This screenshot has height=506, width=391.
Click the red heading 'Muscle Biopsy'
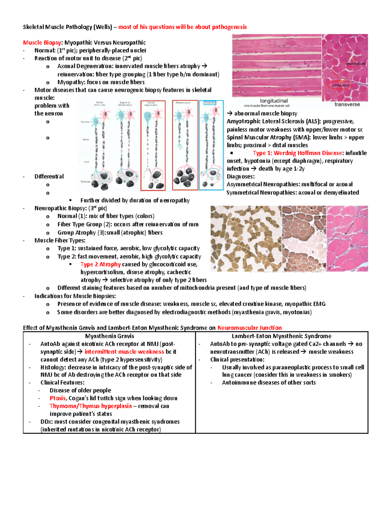42,43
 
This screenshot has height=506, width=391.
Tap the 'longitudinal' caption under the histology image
274,101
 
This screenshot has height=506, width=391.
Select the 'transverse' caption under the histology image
347,105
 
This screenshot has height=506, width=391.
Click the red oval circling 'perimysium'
341,85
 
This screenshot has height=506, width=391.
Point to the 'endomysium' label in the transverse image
355,64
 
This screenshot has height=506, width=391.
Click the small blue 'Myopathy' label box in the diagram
210,103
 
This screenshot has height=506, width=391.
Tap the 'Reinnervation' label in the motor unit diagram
183,103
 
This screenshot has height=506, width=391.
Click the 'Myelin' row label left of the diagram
86,139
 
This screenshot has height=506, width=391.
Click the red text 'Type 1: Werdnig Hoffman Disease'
297,153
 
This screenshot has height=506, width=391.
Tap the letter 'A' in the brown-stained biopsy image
214,267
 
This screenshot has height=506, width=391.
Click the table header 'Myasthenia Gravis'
109,336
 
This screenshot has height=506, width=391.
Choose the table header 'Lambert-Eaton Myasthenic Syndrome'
282,336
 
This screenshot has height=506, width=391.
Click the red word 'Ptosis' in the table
58,398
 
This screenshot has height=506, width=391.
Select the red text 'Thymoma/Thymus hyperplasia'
91,406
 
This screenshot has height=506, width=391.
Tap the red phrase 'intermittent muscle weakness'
124,352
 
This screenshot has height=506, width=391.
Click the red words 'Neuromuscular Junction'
250,328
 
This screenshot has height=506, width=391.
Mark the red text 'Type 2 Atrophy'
100,265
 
